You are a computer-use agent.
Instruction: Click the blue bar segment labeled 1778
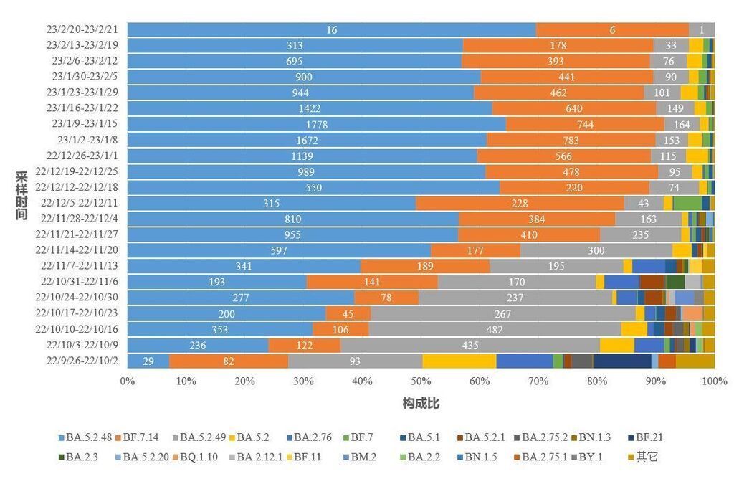tap(316, 124)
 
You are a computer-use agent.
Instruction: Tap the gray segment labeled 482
tap(495, 329)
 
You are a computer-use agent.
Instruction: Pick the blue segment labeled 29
tap(148, 361)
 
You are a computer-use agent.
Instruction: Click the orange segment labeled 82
tap(229, 361)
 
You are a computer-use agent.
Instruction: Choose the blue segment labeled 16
tap(331, 29)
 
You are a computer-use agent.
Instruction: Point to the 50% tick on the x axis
tap(421, 381)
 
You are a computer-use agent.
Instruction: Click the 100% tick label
tap(714, 381)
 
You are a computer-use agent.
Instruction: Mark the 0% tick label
tap(128, 381)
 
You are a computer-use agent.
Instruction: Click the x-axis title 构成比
tap(421, 404)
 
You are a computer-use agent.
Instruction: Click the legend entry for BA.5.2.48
tap(85, 437)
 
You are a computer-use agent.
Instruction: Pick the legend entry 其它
tap(646, 455)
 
